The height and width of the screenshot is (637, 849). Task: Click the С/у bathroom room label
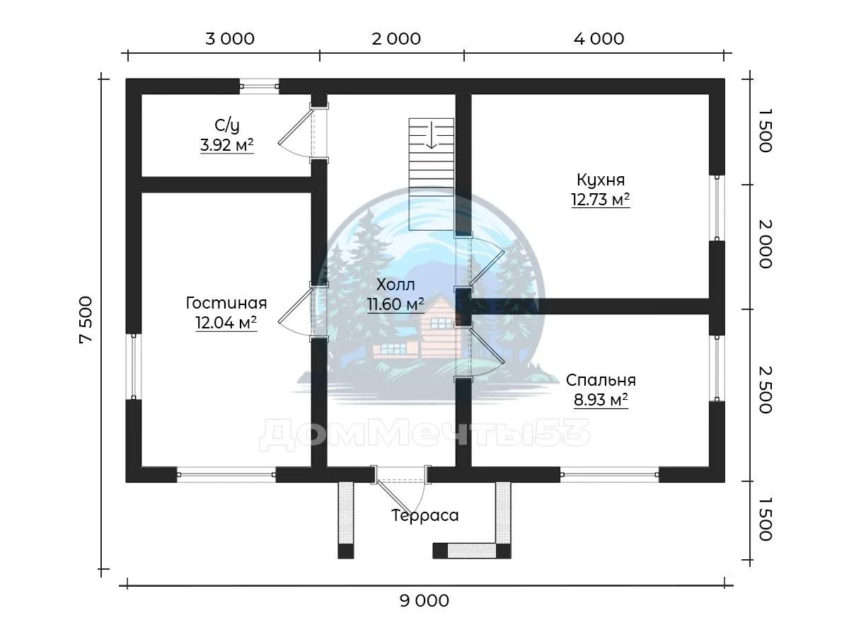coord(227,125)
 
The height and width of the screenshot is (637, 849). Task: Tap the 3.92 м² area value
coord(227,145)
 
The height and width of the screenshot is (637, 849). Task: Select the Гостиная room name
coord(226,303)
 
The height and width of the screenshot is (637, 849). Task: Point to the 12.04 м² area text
coord(226,322)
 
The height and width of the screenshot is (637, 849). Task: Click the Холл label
coord(395,285)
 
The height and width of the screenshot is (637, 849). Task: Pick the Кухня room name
coord(601,180)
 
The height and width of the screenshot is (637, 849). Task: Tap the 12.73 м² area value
coord(601,200)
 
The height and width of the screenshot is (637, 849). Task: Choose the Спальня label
coord(601,380)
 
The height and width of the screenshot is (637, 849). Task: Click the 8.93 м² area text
coord(601,400)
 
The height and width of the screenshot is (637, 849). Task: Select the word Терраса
coord(424,515)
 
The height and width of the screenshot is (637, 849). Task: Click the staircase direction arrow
coord(432,134)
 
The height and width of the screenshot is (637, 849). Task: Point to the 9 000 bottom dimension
coord(424,601)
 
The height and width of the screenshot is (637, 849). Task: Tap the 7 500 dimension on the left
coord(86,319)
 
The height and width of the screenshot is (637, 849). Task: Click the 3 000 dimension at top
coord(230,39)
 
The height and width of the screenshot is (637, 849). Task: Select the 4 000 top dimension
coord(599,39)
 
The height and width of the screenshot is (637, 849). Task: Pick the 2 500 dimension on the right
coord(766,390)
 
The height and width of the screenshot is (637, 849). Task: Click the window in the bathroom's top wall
coord(259,86)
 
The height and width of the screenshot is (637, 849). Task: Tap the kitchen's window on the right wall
coord(717,208)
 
